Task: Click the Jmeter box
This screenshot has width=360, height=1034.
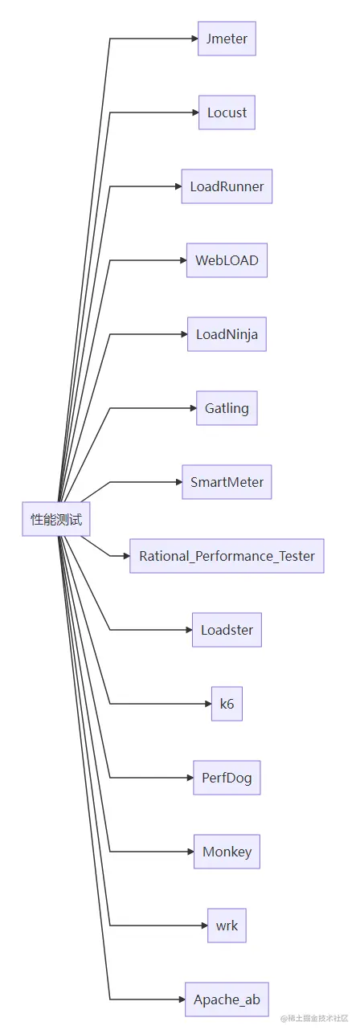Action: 227,39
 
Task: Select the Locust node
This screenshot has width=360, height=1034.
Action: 227,112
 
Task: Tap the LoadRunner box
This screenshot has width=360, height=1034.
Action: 227,186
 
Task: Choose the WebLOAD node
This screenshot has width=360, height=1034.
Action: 227,260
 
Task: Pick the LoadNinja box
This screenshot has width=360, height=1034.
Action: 227,334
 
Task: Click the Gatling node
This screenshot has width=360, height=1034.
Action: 227,408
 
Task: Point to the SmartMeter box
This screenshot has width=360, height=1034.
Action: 227,482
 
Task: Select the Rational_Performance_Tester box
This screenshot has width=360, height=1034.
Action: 227,556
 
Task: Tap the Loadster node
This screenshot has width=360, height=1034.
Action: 227,630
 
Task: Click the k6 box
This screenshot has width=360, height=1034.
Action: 227,704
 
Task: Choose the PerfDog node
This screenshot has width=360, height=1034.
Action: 227,778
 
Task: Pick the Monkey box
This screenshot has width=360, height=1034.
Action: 227,852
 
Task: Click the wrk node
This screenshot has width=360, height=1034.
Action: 227,926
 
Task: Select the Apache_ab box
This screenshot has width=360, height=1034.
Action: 227,999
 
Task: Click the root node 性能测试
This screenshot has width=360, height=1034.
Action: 56,519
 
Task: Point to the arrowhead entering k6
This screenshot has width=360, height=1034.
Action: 207,704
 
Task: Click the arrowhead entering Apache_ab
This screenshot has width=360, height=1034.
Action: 180,999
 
